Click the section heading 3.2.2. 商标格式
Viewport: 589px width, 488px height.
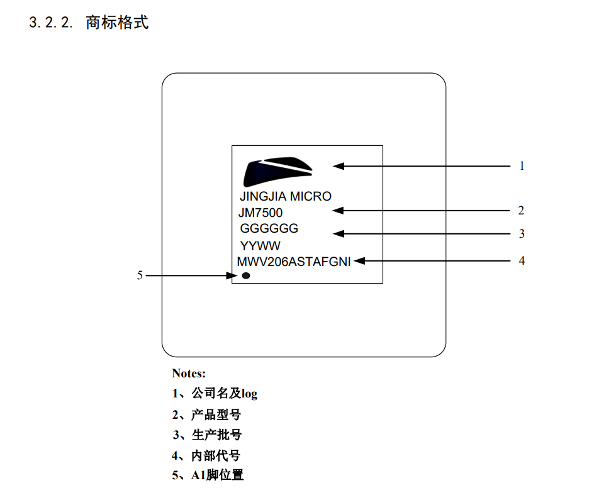[89, 23]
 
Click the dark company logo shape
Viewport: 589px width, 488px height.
[278, 172]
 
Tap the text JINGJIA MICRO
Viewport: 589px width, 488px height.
[286, 196]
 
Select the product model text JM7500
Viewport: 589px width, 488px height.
[261, 213]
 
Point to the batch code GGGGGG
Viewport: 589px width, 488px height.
[269, 228]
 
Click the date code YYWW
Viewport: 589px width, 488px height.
[260, 246]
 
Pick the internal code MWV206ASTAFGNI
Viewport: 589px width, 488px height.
[294, 262]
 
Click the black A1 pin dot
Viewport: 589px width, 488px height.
[246, 275]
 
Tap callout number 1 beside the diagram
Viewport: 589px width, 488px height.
[522, 165]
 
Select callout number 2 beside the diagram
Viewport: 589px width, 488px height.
[521, 210]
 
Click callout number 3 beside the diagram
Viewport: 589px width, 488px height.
[522, 233]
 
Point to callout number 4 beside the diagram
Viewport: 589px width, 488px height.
[522, 260]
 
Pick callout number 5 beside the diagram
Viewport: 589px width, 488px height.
[140, 275]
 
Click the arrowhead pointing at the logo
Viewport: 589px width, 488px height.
[339, 166]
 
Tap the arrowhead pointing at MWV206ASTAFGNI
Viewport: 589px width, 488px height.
[359, 261]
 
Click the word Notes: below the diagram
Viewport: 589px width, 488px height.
[189, 373]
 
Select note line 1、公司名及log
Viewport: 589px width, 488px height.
[215, 394]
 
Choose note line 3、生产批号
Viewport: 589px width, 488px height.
[207, 435]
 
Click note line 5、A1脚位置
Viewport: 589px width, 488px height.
[208, 475]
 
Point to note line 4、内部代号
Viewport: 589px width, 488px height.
[206, 455]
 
